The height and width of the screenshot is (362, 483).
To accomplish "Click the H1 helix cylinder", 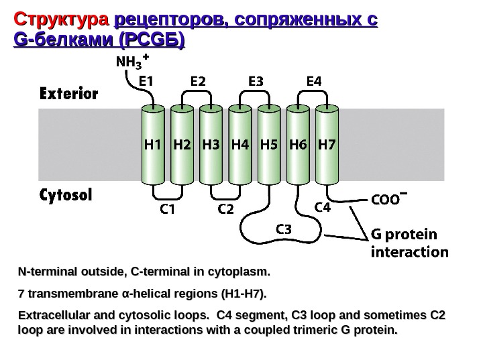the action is [x=153, y=143].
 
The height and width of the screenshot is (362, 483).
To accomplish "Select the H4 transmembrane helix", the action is [x=239, y=143].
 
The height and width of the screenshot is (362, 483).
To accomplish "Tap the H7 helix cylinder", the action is [x=326, y=143].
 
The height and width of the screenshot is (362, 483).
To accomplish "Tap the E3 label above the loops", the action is [x=256, y=81].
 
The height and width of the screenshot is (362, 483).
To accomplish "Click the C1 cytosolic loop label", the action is [x=168, y=209].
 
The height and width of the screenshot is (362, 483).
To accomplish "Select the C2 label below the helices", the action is [x=227, y=209].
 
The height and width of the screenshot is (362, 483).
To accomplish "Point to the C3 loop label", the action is [x=285, y=229].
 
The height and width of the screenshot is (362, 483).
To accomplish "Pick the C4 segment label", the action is [x=323, y=208].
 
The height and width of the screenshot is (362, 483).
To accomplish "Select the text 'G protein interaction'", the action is [x=410, y=243].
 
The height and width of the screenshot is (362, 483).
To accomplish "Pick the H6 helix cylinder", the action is [x=297, y=143].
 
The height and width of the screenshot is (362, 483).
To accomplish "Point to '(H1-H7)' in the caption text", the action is [x=239, y=294].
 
